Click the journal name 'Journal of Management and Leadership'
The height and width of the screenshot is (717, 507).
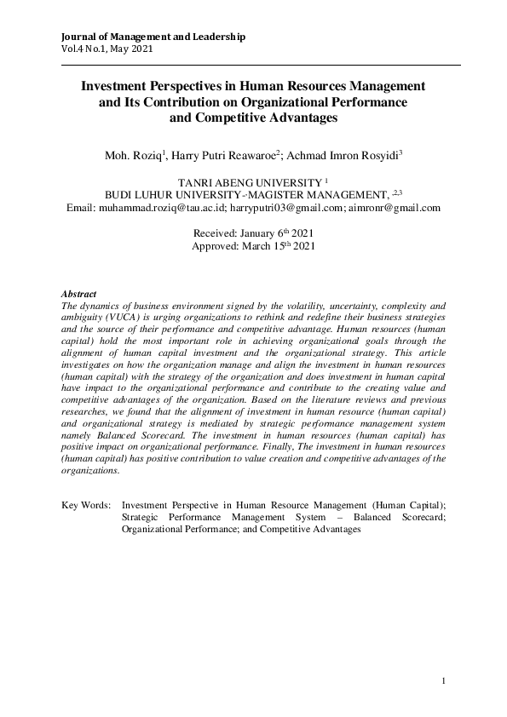tap(154, 37)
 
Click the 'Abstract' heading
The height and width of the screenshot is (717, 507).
tap(79, 293)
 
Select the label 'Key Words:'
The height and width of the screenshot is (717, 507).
tap(86, 505)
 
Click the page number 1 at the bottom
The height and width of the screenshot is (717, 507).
tap(444, 680)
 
